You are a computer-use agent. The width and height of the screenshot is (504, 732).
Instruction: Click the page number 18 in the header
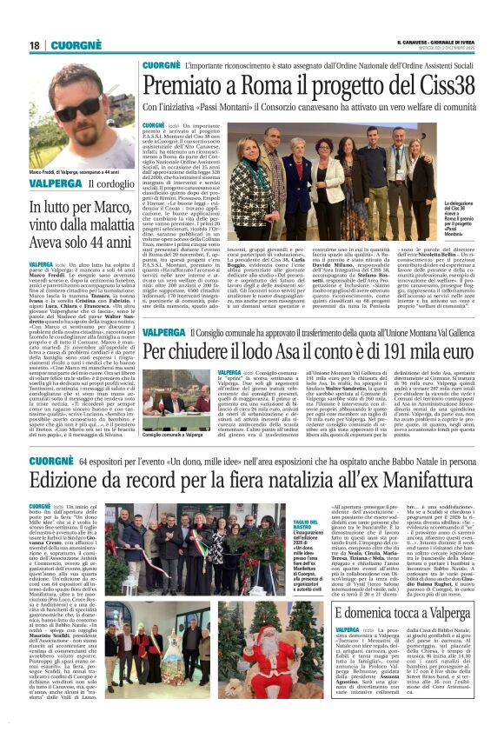34,45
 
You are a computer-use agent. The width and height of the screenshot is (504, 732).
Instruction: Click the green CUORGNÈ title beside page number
84,45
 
